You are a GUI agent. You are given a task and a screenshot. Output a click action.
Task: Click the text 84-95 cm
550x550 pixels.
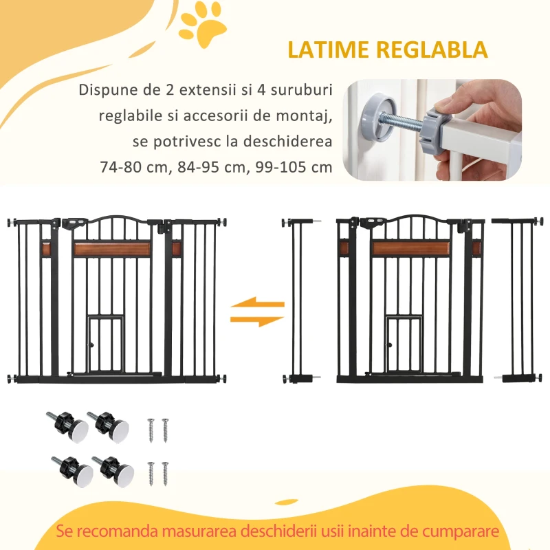pos(208,167)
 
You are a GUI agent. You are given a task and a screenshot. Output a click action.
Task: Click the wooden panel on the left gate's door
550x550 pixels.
pos(111,247)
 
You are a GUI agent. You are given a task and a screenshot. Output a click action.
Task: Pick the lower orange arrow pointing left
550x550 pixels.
pos(257,319)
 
